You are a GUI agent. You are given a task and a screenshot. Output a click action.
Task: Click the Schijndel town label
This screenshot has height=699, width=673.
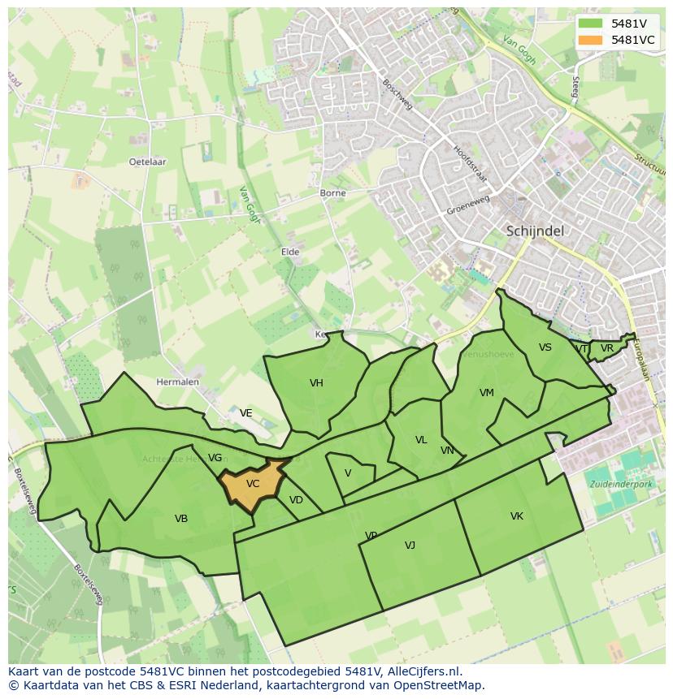535,231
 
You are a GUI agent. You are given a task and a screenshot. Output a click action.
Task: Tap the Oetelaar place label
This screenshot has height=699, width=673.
147,162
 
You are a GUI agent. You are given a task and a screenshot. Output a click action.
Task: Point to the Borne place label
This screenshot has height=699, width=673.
332,193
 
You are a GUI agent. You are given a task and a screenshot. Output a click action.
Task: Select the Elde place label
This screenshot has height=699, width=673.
290,252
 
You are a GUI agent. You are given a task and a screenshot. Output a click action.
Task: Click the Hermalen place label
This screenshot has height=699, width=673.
177,382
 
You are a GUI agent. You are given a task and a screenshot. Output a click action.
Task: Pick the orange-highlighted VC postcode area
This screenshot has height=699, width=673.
253,485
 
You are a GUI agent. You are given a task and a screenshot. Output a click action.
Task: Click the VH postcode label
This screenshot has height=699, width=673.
316,383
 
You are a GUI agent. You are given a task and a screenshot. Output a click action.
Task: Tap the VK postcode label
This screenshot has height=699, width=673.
517,516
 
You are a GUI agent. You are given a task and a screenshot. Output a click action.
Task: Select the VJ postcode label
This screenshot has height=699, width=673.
410,546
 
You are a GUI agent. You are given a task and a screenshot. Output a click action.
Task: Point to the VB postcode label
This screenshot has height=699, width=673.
181,519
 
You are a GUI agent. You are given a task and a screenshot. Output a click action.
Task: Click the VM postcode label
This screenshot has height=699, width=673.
487,393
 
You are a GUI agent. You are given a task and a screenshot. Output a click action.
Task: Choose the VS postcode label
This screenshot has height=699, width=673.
545,347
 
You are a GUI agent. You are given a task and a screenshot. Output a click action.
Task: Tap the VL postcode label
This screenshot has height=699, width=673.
421,440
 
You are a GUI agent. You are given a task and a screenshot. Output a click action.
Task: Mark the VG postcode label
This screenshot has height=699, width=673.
215,458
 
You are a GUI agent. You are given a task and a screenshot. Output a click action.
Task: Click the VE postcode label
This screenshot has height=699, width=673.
245,413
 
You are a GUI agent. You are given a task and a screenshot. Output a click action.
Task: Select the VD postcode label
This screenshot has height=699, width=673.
296,500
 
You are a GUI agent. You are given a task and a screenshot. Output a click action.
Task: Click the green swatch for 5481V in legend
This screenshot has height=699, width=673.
590,24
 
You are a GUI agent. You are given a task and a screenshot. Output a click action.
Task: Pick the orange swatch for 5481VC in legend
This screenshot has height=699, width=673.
590,40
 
